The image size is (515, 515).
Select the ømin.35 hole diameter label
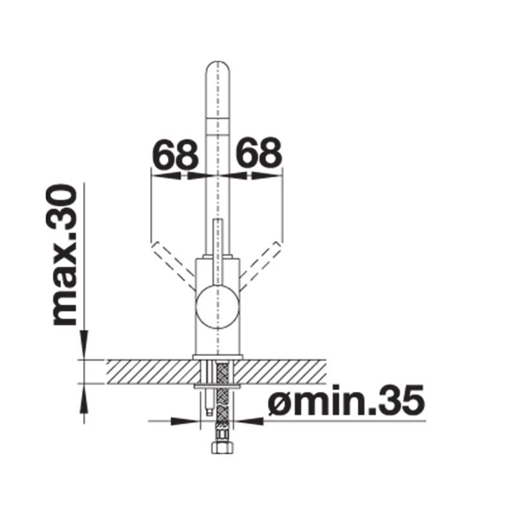pyautogui.click(x=345, y=402)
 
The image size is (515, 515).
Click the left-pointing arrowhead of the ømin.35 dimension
pyautogui.click(x=253, y=422)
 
